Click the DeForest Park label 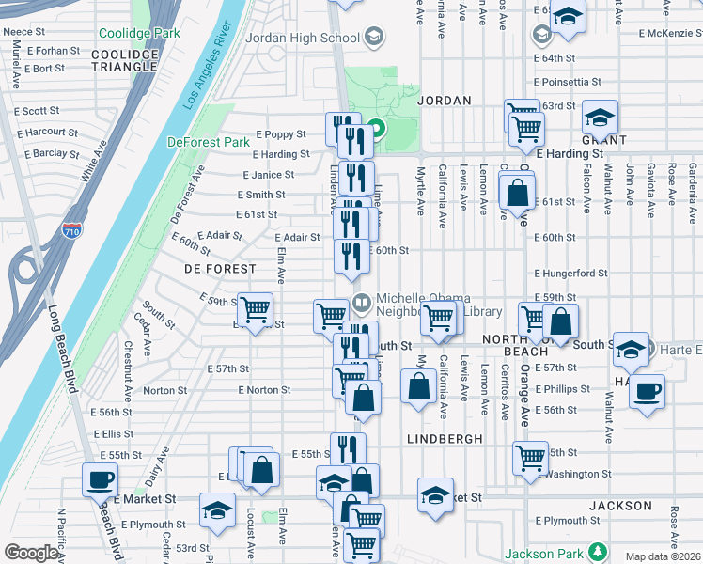(x=208, y=142)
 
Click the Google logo (x=30, y=553)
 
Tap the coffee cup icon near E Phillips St (x=646, y=391)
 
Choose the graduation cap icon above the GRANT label (x=599, y=117)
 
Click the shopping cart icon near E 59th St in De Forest (x=256, y=309)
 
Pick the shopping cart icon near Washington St (x=530, y=457)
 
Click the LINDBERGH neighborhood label (x=445, y=439)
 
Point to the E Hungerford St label (x=570, y=274)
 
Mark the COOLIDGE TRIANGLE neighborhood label (x=125, y=60)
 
